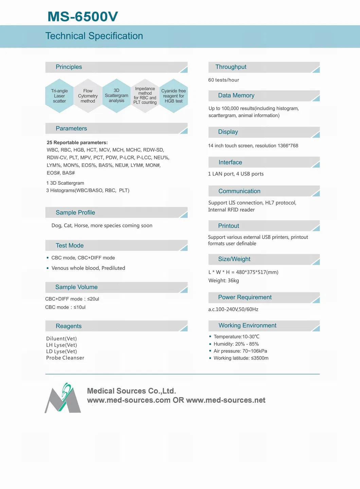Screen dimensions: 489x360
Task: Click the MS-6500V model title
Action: coord(83,16)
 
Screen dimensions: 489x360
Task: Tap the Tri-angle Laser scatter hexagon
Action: coord(59,96)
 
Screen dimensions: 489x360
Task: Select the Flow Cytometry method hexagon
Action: coord(88,96)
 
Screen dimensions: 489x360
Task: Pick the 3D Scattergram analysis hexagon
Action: coord(116,95)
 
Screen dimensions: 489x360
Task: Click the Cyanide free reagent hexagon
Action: coord(174,96)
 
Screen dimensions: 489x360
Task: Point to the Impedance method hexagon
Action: coord(145,95)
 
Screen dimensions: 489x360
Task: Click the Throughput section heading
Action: coord(231,67)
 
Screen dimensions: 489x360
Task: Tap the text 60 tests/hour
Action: coord(224,80)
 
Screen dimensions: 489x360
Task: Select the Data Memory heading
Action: coord(236,95)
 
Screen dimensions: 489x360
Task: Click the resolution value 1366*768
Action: coord(288,146)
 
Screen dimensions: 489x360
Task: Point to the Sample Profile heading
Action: coord(75,212)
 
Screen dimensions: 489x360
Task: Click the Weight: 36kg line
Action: coord(224,280)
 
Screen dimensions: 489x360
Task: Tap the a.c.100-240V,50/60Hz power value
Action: coord(233,309)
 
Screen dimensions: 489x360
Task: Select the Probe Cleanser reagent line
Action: coord(65,358)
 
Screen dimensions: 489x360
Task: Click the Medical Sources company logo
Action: coord(63,398)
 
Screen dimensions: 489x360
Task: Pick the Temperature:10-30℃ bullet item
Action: coord(236,336)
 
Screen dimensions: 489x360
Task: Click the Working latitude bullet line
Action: coord(241,358)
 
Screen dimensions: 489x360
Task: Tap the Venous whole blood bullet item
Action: coord(88,268)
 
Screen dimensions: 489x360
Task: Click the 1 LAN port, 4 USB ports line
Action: coord(236,174)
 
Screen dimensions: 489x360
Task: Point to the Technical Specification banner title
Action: coord(94,36)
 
